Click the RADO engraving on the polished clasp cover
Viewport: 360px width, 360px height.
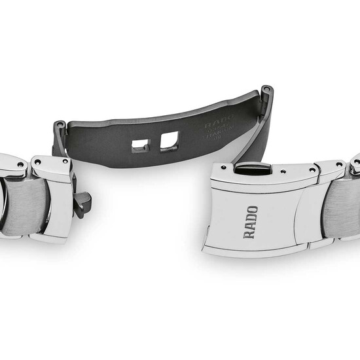point(251,222)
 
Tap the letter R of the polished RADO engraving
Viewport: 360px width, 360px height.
point(251,233)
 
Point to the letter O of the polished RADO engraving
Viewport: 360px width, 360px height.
point(251,210)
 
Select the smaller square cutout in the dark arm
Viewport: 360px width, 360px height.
point(140,145)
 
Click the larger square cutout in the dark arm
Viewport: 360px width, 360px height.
point(168,140)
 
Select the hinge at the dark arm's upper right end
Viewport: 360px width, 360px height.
point(266,92)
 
